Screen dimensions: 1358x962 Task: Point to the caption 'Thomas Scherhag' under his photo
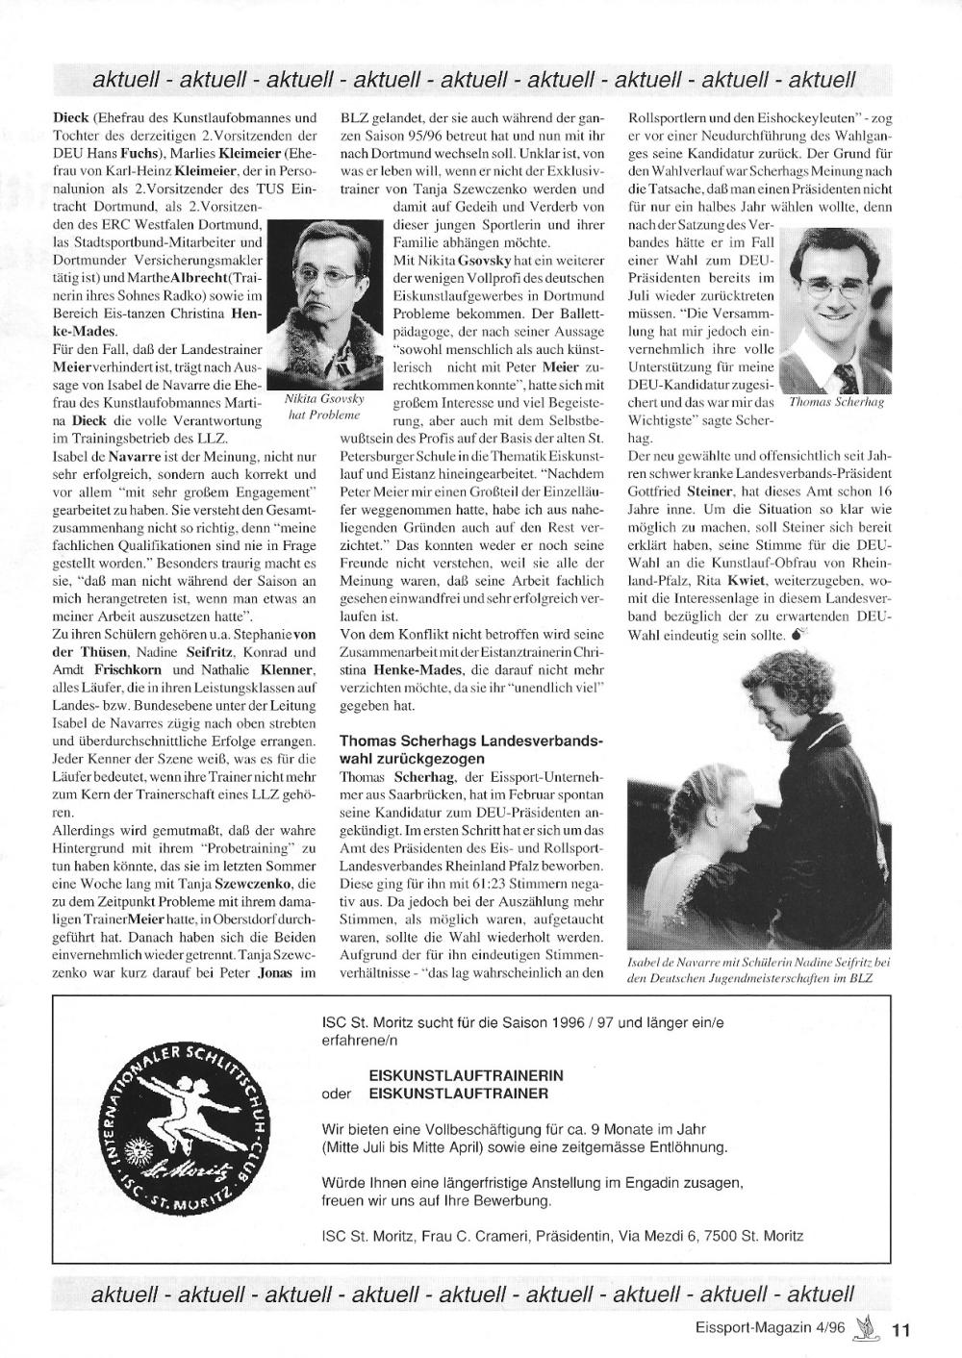(x=835, y=403)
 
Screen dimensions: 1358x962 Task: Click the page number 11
(x=900, y=1331)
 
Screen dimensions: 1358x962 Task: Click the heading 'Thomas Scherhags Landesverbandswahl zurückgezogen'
(x=471, y=750)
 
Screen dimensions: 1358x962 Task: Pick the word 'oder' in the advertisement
(x=335, y=1094)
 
